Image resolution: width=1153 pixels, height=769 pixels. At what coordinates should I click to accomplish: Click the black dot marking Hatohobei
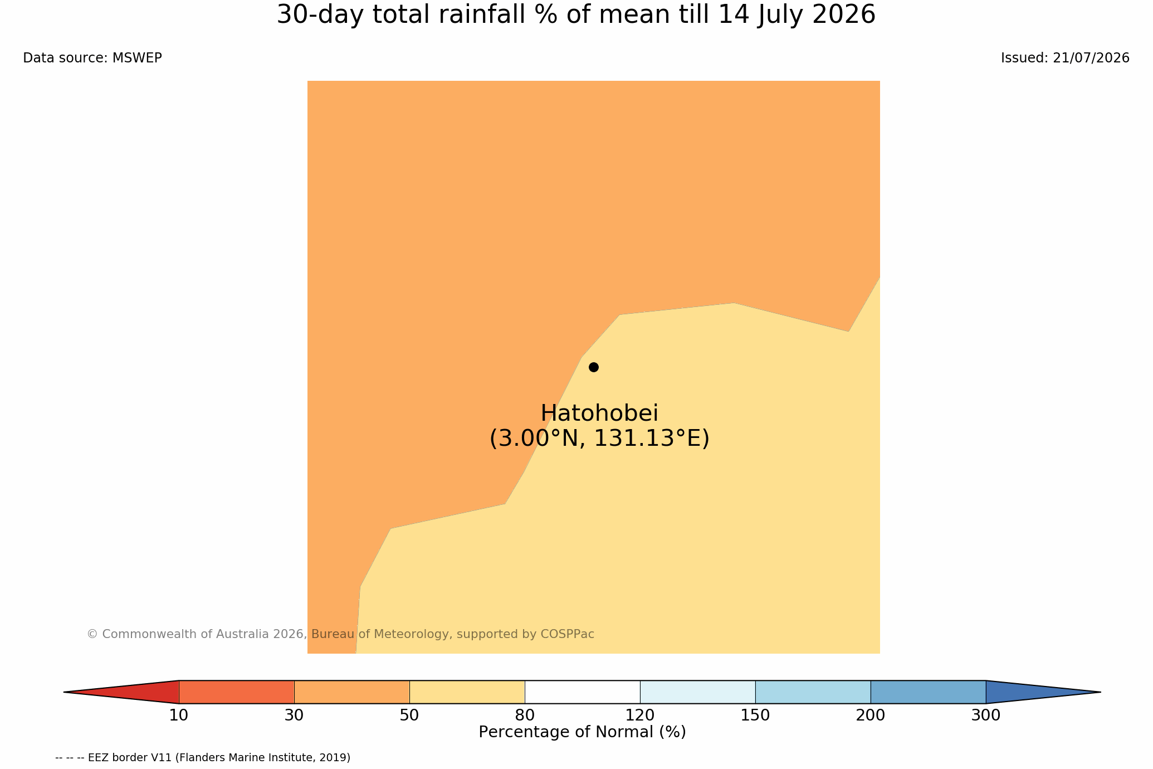tap(594, 367)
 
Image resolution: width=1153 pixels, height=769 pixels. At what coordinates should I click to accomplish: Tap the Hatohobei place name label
tap(599, 413)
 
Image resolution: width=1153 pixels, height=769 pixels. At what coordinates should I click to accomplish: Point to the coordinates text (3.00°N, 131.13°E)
tap(599, 439)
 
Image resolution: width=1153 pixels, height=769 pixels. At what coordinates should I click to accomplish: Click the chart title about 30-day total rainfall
tap(576, 15)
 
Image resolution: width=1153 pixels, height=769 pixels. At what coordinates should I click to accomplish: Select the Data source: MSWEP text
tap(92, 58)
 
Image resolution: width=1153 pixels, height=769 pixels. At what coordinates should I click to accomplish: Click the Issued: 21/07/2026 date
tap(1065, 58)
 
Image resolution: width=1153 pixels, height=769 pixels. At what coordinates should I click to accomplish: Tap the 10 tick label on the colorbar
tap(179, 716)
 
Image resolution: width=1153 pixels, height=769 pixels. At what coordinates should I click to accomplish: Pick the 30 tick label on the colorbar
tap(294, 716)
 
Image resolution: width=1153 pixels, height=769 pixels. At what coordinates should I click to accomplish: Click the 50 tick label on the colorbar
tap(409, 716)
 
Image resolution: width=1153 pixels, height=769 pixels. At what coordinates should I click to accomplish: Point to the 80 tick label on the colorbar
tap(525, 716)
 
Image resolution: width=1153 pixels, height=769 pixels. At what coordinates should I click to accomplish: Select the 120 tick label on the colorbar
tap(640, 716)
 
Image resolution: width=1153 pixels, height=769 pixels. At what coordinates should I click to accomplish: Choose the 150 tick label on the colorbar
tap(755, 716)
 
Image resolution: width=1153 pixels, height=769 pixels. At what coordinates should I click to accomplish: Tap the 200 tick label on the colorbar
tap(871, 716)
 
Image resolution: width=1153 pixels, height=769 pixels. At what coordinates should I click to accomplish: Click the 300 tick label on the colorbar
tap(986, 716)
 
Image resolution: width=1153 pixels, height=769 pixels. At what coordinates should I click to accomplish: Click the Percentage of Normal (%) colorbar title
tap(582, 732)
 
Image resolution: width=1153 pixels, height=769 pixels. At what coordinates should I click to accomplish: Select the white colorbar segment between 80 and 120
tap(582, 692)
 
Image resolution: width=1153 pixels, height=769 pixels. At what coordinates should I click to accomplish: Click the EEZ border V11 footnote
tap(203, 758)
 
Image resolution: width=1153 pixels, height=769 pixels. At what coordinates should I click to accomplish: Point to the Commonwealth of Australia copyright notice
tap(341, 634)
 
